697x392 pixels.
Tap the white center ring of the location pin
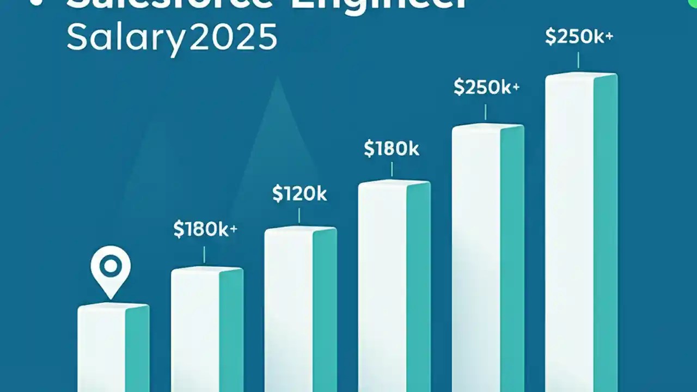tap(111, 266)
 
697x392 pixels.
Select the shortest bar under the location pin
tap(113, 348)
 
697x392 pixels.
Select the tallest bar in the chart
tap(581, 234)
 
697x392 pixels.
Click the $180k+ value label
tap(205, 230)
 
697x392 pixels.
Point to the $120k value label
tap(299, 194)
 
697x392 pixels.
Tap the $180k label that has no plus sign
tap(392, 149)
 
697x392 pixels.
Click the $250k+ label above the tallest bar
tap(579, 37)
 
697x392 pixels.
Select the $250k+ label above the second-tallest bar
tap(486, 88)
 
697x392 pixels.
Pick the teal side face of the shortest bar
tap(137, 348)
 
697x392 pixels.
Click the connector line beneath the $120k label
tap(299, 216)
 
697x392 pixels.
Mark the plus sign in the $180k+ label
tap(233, 229)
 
